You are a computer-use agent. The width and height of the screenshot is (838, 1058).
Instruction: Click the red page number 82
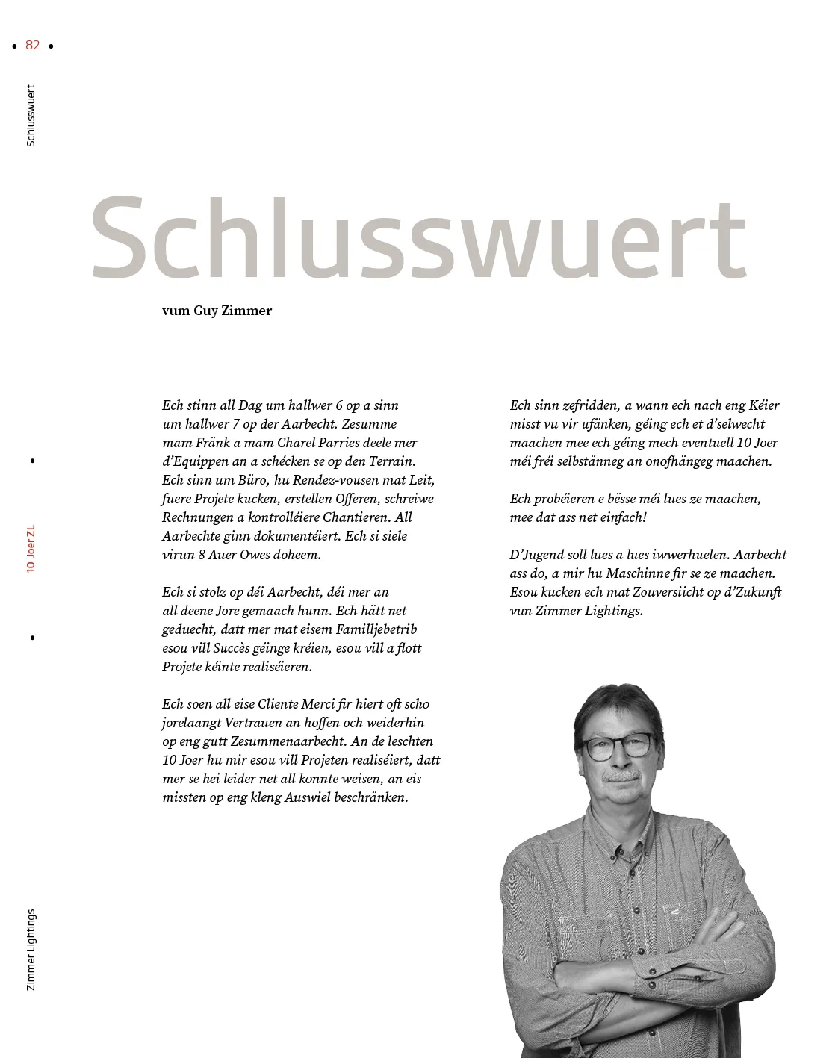click(x=32, y=45)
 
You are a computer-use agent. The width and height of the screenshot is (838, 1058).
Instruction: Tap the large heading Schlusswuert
click(x=418, y=238)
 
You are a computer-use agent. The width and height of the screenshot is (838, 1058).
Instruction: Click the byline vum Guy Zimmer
click(x=217, y=311)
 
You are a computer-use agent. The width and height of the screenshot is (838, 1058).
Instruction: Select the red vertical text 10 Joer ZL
click(x=31, y=548)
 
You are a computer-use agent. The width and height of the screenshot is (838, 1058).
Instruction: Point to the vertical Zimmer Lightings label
click(x=31, y=950)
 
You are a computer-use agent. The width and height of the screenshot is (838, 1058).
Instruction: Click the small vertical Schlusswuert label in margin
click(x=31, y=115)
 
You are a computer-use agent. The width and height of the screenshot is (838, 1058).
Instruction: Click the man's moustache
click(x=621, y=776)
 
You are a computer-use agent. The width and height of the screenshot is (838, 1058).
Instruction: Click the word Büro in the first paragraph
click(x=251, y=480)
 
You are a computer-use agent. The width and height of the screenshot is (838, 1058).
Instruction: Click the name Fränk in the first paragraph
click(x=213, y=443)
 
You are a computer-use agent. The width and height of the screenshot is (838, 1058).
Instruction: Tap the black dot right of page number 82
click(x=51, y=46)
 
